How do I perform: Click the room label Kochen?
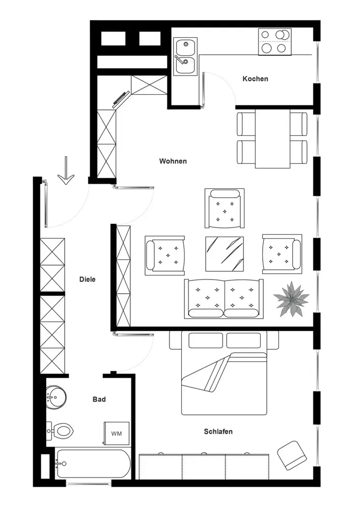(255, 79)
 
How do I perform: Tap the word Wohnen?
(173, 161)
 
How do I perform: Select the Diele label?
(88, 279)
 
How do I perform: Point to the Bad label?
(99, 400)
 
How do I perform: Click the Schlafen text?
(218, 432)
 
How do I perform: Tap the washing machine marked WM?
(117, 434)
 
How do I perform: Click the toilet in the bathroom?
(61, 432)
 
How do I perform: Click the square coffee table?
(225, 254)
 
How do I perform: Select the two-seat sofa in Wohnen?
(225, 298)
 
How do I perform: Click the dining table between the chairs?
(272, 138)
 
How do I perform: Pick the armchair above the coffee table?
(225, 209)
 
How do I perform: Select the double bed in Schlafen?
(224, 374)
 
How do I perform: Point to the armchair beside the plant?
(281, 253)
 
